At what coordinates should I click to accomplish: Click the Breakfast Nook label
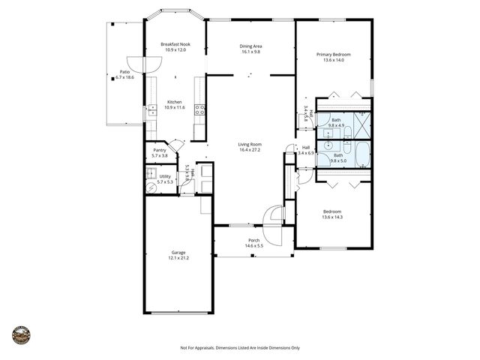tap(175, 44)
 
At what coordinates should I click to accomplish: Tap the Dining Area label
tap(251, 46)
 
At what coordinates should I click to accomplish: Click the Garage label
tap(178, 253)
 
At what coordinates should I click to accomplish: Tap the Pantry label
tap(159, 150)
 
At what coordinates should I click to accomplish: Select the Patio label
tap(124, 72)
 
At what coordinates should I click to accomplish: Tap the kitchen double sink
tap(148, 113)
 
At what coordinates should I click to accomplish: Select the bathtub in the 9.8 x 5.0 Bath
tap(361, 155)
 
